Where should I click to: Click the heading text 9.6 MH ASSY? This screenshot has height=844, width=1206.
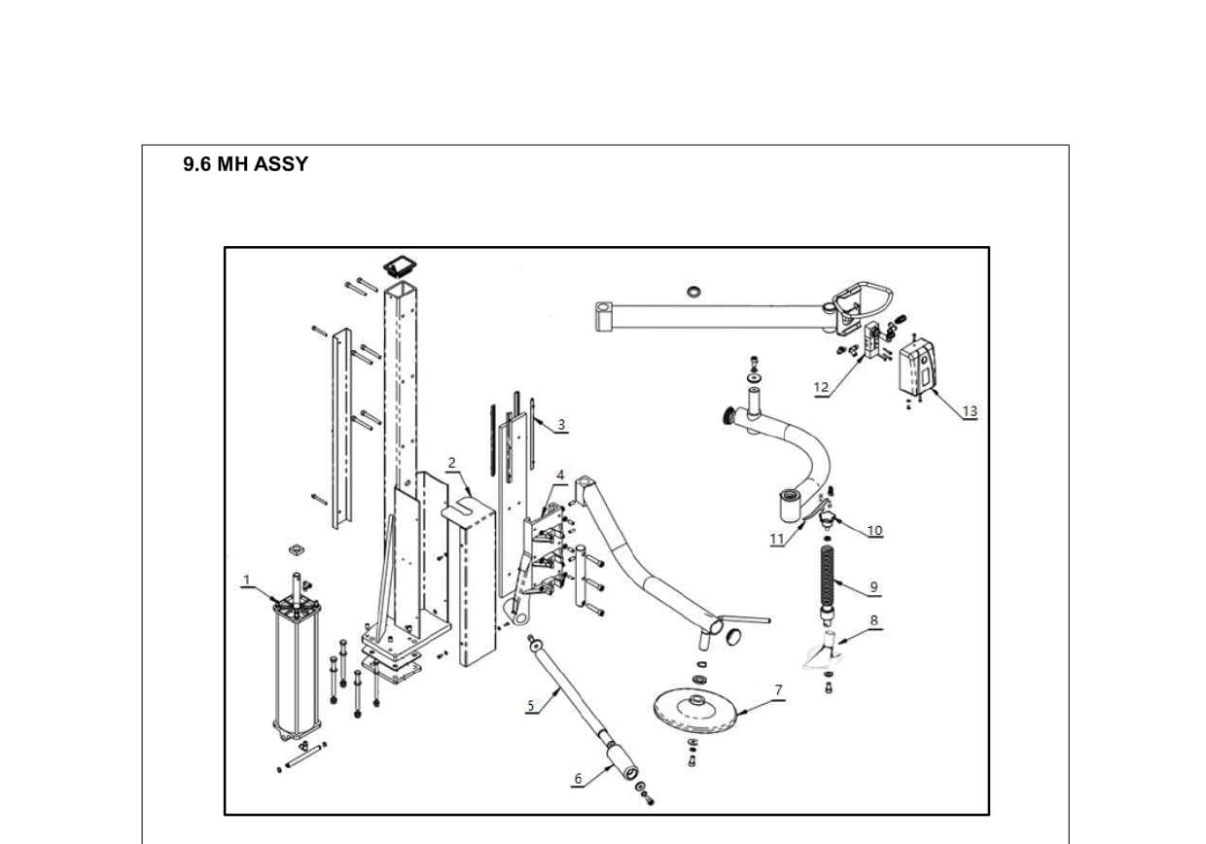(245, 164)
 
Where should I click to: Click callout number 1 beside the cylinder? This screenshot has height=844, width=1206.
(247, 580)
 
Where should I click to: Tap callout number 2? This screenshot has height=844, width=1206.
(451, 463)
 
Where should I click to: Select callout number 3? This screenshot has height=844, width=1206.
(561, 425)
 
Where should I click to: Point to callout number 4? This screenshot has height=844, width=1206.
(560, 475)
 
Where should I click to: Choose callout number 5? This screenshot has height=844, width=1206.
(531, 706)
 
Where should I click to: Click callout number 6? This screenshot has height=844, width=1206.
(578, 778)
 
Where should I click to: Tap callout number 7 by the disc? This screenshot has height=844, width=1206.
(778, 689)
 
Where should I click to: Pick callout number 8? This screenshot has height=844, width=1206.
(873, 620)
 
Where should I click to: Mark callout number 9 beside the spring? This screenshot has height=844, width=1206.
(873, 586)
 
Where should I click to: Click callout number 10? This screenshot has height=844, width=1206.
(874, 530)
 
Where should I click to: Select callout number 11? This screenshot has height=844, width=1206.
(777, 539)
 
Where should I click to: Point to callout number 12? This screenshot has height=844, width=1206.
(821, 387)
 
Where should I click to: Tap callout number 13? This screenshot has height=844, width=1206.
(969, 411)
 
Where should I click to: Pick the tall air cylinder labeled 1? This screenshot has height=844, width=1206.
(298, 671)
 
